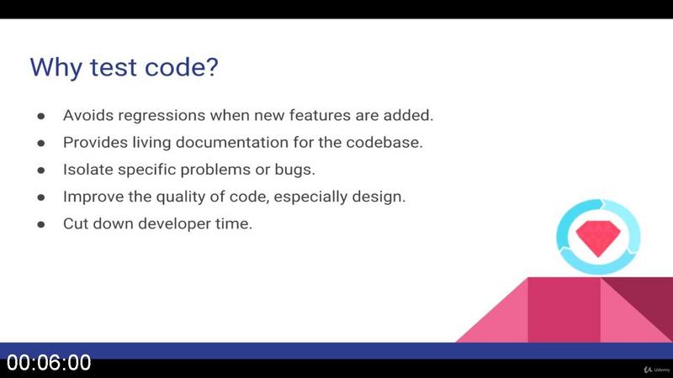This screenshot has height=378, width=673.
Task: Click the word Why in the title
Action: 56,68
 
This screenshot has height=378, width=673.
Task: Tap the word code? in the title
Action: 182,67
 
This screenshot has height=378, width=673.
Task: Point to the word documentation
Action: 232,142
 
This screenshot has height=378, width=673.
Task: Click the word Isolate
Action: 88,170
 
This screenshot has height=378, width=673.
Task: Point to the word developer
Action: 174,224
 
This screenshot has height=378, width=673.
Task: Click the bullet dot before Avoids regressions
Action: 41,116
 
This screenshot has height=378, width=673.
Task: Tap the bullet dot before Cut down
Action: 41,224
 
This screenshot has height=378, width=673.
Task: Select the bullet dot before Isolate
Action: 41,171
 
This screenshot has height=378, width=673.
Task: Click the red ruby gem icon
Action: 598,238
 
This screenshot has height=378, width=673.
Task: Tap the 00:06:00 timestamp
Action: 49,363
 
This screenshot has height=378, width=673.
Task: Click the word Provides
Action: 95,142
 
